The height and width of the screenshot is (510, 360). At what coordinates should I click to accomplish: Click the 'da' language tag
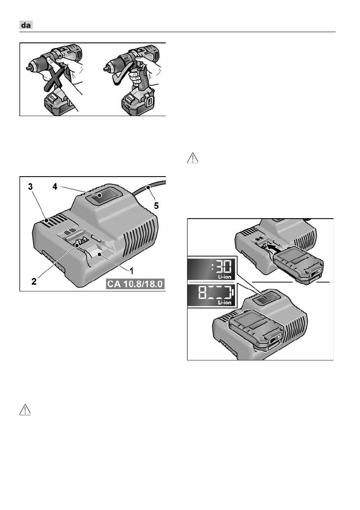[x=26, y=25]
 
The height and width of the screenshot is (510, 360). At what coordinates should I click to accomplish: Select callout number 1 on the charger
[x=132, y=270]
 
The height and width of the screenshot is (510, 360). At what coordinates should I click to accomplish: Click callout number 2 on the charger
[x=34, y=281]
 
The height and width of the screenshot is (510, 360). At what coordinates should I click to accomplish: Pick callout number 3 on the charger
[x=30, y=187]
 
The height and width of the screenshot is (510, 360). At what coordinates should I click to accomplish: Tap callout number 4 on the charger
[x=55, y=186]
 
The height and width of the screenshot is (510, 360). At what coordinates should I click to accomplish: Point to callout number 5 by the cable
[x=156, y=206]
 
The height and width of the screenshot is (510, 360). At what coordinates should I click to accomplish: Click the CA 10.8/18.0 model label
[x=135, y=284]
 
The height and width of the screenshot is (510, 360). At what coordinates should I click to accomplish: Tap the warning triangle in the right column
[x=192, y=158]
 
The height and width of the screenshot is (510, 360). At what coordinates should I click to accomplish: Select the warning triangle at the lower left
[x=25, y=410]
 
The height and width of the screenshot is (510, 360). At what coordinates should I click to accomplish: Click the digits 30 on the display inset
[x=224, y=267]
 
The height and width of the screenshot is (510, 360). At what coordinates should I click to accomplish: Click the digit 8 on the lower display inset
[x=203, y=293]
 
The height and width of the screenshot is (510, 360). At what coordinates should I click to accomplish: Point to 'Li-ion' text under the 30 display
[x=225, y=277]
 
